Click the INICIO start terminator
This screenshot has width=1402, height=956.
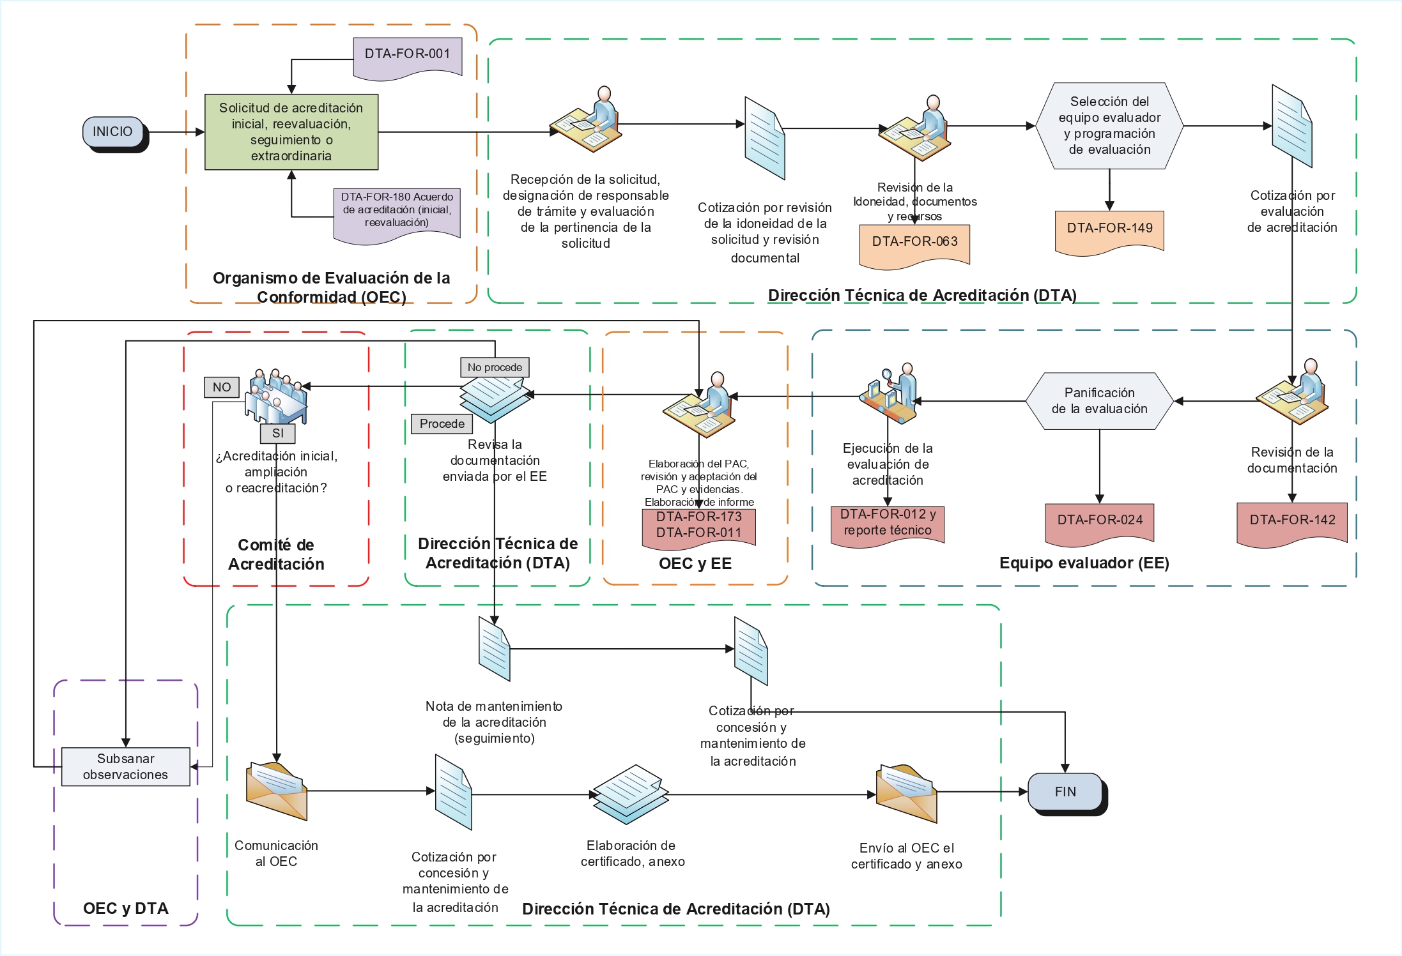pos(113,132)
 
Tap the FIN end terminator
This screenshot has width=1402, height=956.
pos(1065,792)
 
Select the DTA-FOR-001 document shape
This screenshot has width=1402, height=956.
pos(407,56)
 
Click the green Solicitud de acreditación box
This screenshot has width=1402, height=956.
pos(291,132)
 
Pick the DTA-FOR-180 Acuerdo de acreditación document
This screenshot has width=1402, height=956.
pos(397,212)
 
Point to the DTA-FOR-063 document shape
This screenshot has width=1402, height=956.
pos(914,242)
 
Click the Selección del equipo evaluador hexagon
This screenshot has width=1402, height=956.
pos(1109,126)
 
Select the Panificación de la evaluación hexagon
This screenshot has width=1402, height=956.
pos(1099,401)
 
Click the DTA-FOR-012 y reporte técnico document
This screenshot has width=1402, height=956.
pos(888,523)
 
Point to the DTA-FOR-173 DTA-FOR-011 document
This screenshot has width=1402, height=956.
pos(698,526)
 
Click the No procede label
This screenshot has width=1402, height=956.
pos(495,367)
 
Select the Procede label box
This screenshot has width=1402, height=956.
pos(442,424)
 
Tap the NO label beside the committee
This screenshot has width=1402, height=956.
pos(222,387)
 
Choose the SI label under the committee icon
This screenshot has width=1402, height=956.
pos(278,433)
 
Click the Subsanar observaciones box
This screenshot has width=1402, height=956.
pos(126,766)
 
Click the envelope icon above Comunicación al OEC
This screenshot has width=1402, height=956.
pos(277,791)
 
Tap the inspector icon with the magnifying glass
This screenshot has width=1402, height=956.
pos(890,393)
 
